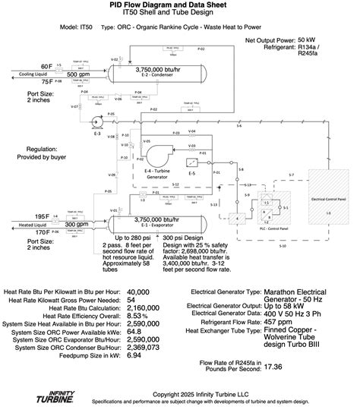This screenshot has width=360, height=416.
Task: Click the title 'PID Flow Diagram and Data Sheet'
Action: pyautogui.click(x=180, y=5)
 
